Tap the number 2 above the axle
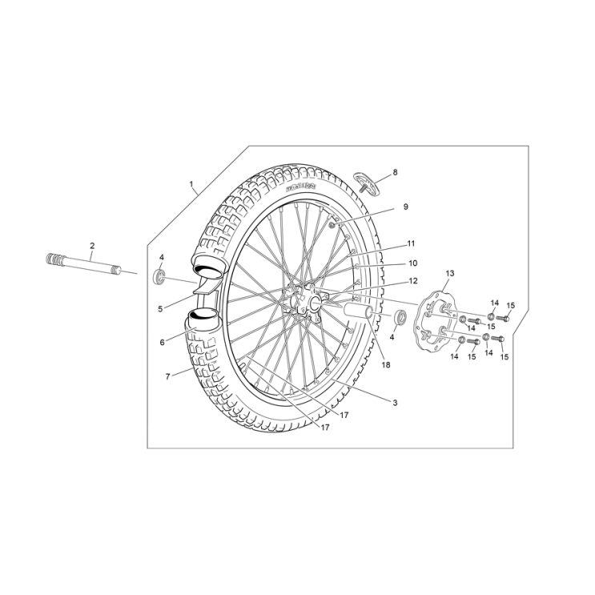pyautogui.click(x=92, y=246)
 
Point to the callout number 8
pyautogui.click(x=394, y=172)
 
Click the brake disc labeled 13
pyautogui.click(x=436, y=321)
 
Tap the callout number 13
pyautogui.click(x=449, y=274)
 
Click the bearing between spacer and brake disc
pyautogui.click(x=400, y=316)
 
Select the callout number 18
pyautogui.click(x=386, y=365)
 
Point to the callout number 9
pyautogui.click(x=405, y=207)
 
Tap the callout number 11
pyautogui.click(x=411, y=243)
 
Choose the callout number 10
pyautogui.click(x=413, y=263)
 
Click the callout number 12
pyautogui.click(x=413, y=281)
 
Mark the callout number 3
pyautogui.click(x=395, y=403)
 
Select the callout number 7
pyautogui.click(x=168, y=376)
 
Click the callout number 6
pyautogui.click(x=162, y=342)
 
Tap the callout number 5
pyautogui.click(x=161, y=308)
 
